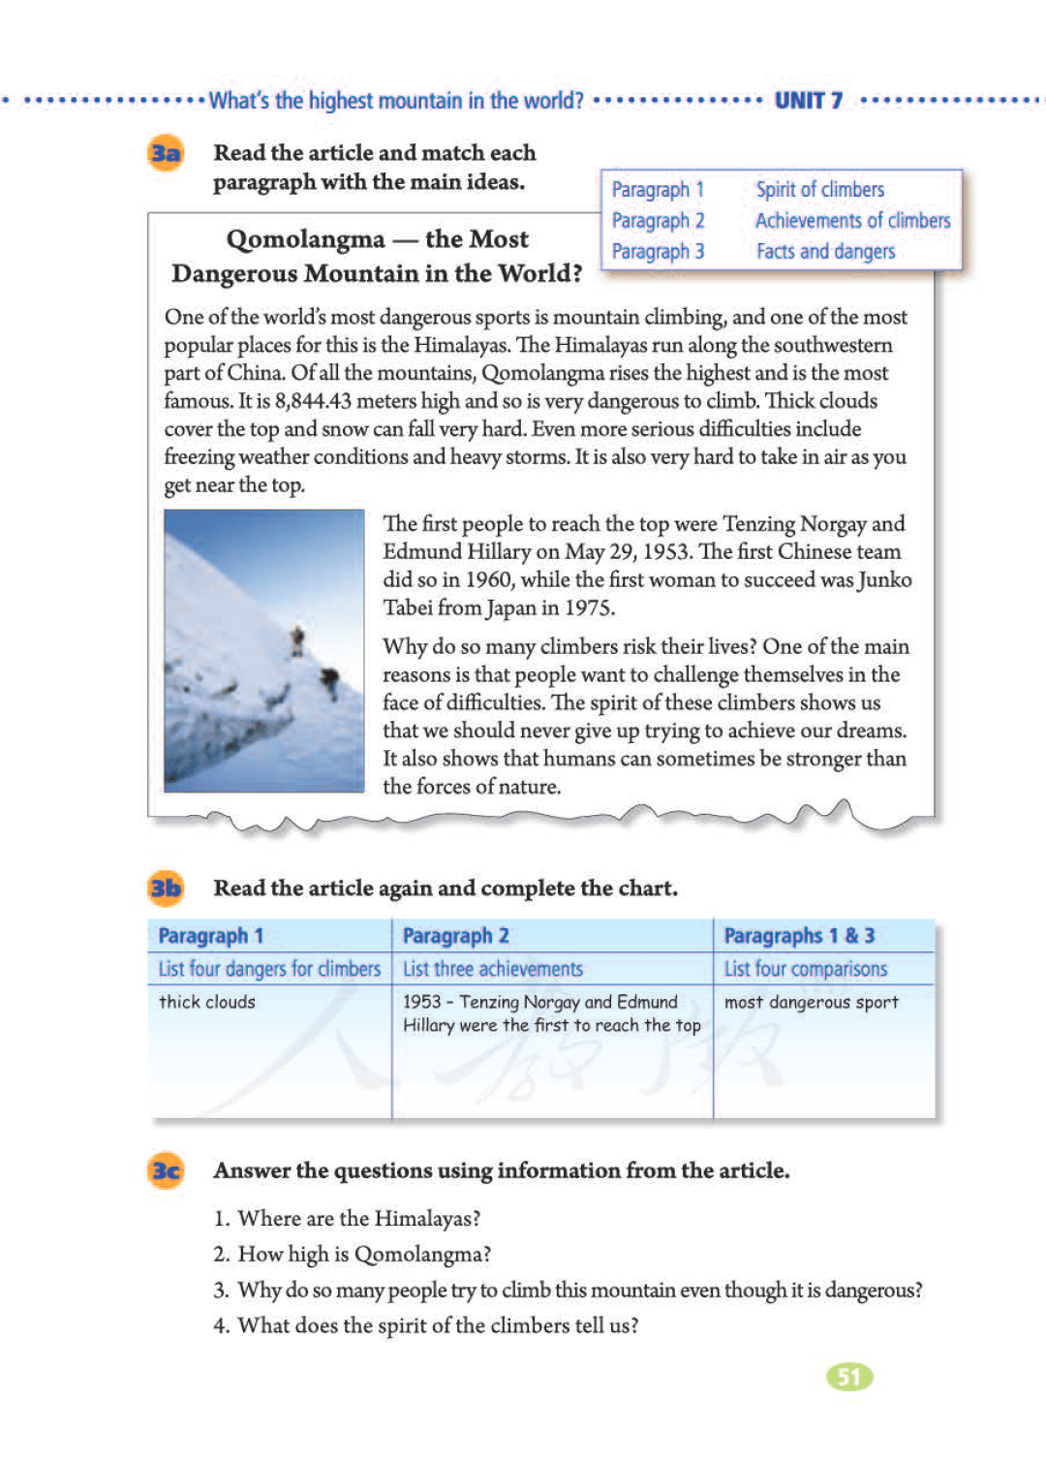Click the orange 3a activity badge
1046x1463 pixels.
[166, 153]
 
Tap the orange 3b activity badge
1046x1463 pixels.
[166, 888]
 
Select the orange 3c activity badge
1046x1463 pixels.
[166, 1170]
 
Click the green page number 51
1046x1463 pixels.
[849, 1377]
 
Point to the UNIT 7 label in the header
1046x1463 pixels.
[809, 101]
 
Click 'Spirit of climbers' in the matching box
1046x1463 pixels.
[819, 190]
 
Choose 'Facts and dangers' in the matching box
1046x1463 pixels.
[825, 252]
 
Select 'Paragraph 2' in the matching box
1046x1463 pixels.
[658, 221]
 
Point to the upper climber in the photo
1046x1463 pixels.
[297, 639]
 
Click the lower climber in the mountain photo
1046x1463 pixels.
[330, 681]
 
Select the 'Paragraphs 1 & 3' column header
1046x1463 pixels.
[799, 936]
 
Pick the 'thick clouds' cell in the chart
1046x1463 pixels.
[207, 1002]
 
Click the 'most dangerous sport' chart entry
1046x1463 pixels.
[811, 1002]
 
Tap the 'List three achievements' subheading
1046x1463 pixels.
[493, 969]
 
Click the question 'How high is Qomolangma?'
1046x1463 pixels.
[363, 1254]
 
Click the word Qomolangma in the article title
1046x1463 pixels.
[305, 239]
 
